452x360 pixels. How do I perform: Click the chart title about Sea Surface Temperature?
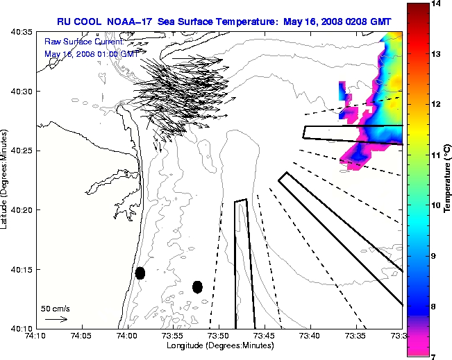point(229,22)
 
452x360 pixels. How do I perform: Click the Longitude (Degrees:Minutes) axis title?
point(219,345)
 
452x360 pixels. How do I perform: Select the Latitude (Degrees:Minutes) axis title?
point(6,180)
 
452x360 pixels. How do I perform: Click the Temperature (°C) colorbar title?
point(447,179)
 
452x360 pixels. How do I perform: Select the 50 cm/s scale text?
point(56,308)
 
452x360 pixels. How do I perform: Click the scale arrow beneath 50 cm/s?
point(56,319)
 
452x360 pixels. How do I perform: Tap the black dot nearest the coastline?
point(140,273)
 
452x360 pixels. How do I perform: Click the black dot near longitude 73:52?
point(197,286)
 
